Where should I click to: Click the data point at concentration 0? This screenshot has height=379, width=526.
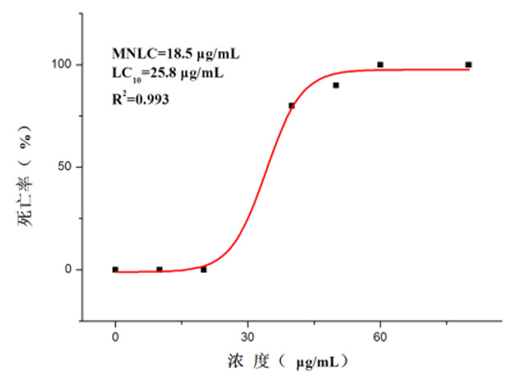pyautogui.click(x=115, y=269)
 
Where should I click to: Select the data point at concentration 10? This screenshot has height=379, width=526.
pyautogui.click(x=159, y=269)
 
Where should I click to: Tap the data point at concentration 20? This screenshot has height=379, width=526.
pyautogui.click(x=204, y=270)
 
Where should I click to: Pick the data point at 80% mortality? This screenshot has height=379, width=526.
pyautogui.click(x=292, y=105)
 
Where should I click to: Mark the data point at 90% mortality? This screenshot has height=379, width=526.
pyautogui.click(x=336, y=85)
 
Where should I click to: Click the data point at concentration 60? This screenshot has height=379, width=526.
pyautogui.click(x=381, y=64)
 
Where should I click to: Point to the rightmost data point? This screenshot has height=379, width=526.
pyautogui.click(x=468, y=64)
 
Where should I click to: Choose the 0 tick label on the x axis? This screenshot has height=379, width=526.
pyautogui.click(x=115, y=337)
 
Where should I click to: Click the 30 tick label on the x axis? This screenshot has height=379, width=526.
pyautogui.click(x=247, y=337)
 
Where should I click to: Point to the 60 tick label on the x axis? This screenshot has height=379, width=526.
pyautogui.click(x=380, y=337)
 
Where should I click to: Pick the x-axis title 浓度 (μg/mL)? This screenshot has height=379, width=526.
pyautogui.click(x=292, y=360)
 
